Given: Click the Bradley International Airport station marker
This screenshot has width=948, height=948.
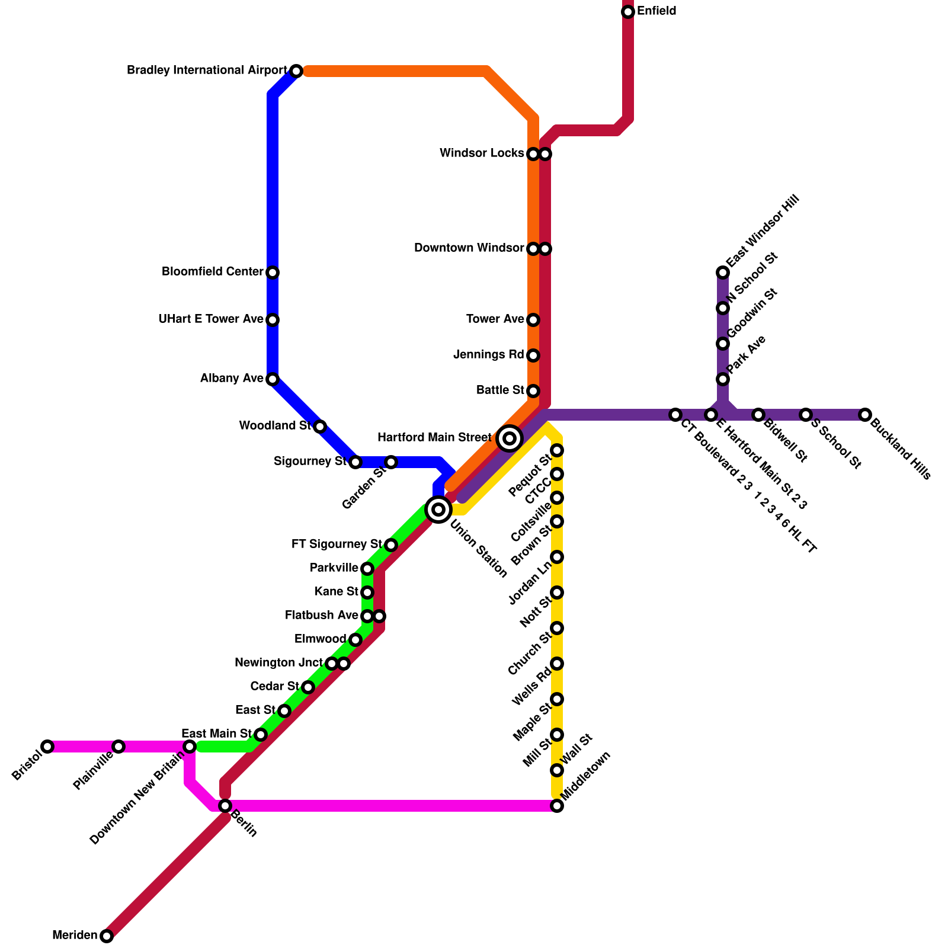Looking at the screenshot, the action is [296, 71].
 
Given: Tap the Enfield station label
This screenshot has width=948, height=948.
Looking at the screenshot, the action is [656, 11].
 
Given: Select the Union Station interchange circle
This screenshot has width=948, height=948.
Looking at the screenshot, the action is [438, 509].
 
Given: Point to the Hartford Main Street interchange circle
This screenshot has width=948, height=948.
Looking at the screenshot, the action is [510, 438].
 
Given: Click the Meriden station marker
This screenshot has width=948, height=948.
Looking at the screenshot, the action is [107, 936].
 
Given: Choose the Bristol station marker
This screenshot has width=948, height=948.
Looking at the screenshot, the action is [47, 747].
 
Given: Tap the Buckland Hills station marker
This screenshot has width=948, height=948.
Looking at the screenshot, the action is [865, 415].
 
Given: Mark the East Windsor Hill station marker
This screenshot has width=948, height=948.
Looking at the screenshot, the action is [723, 273].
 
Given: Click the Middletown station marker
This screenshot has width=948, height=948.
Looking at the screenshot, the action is [557, 806].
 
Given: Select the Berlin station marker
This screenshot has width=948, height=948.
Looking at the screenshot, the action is [225, 806].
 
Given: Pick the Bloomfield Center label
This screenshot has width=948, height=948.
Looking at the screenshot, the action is [212, 272].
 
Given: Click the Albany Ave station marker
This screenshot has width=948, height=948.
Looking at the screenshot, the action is [273, 379].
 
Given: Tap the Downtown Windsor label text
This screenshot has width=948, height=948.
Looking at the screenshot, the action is [469, 248].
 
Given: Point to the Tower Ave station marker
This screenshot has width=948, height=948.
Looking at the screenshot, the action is [533, 320].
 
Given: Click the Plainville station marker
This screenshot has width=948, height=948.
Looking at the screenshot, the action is [118, 747].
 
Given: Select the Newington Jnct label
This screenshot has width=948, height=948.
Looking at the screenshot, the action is [278, 663].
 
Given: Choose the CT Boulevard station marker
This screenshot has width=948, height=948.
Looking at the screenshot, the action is [675, 415].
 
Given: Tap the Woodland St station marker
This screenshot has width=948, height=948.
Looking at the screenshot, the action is [320, 427].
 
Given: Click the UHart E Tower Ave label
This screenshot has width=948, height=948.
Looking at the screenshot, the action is [210, 319].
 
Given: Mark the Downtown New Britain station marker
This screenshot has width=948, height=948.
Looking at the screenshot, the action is [190, 747].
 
